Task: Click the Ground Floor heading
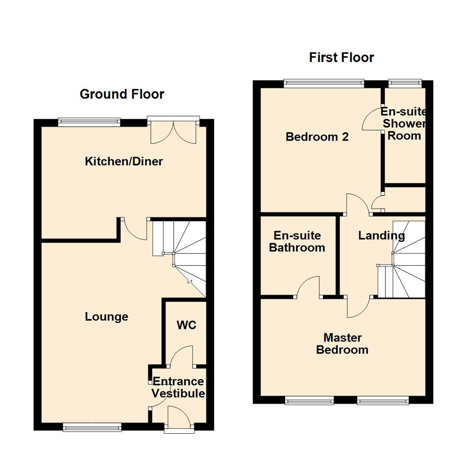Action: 122,94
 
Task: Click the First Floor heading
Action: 341,57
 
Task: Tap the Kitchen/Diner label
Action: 124,162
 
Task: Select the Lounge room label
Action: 107,317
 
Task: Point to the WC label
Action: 186,325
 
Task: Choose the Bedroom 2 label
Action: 318,137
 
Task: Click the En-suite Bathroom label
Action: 297,241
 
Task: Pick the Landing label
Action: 381,236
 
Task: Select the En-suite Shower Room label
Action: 404,123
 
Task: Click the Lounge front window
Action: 92,427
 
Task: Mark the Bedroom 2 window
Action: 324,83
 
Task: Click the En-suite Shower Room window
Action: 405,82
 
